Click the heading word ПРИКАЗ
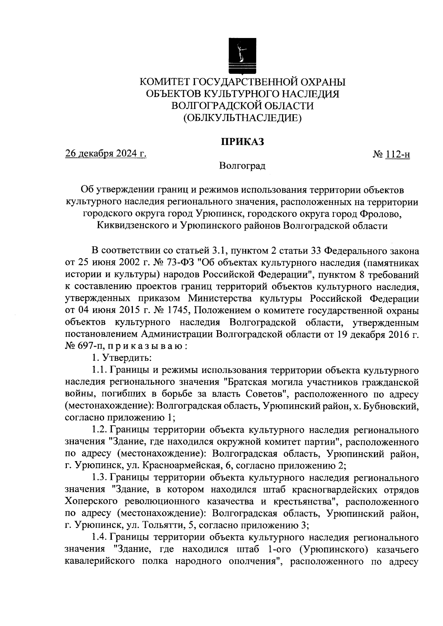[242, 142]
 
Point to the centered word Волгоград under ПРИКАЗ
[242, 166]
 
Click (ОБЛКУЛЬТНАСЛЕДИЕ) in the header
[242, 118]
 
